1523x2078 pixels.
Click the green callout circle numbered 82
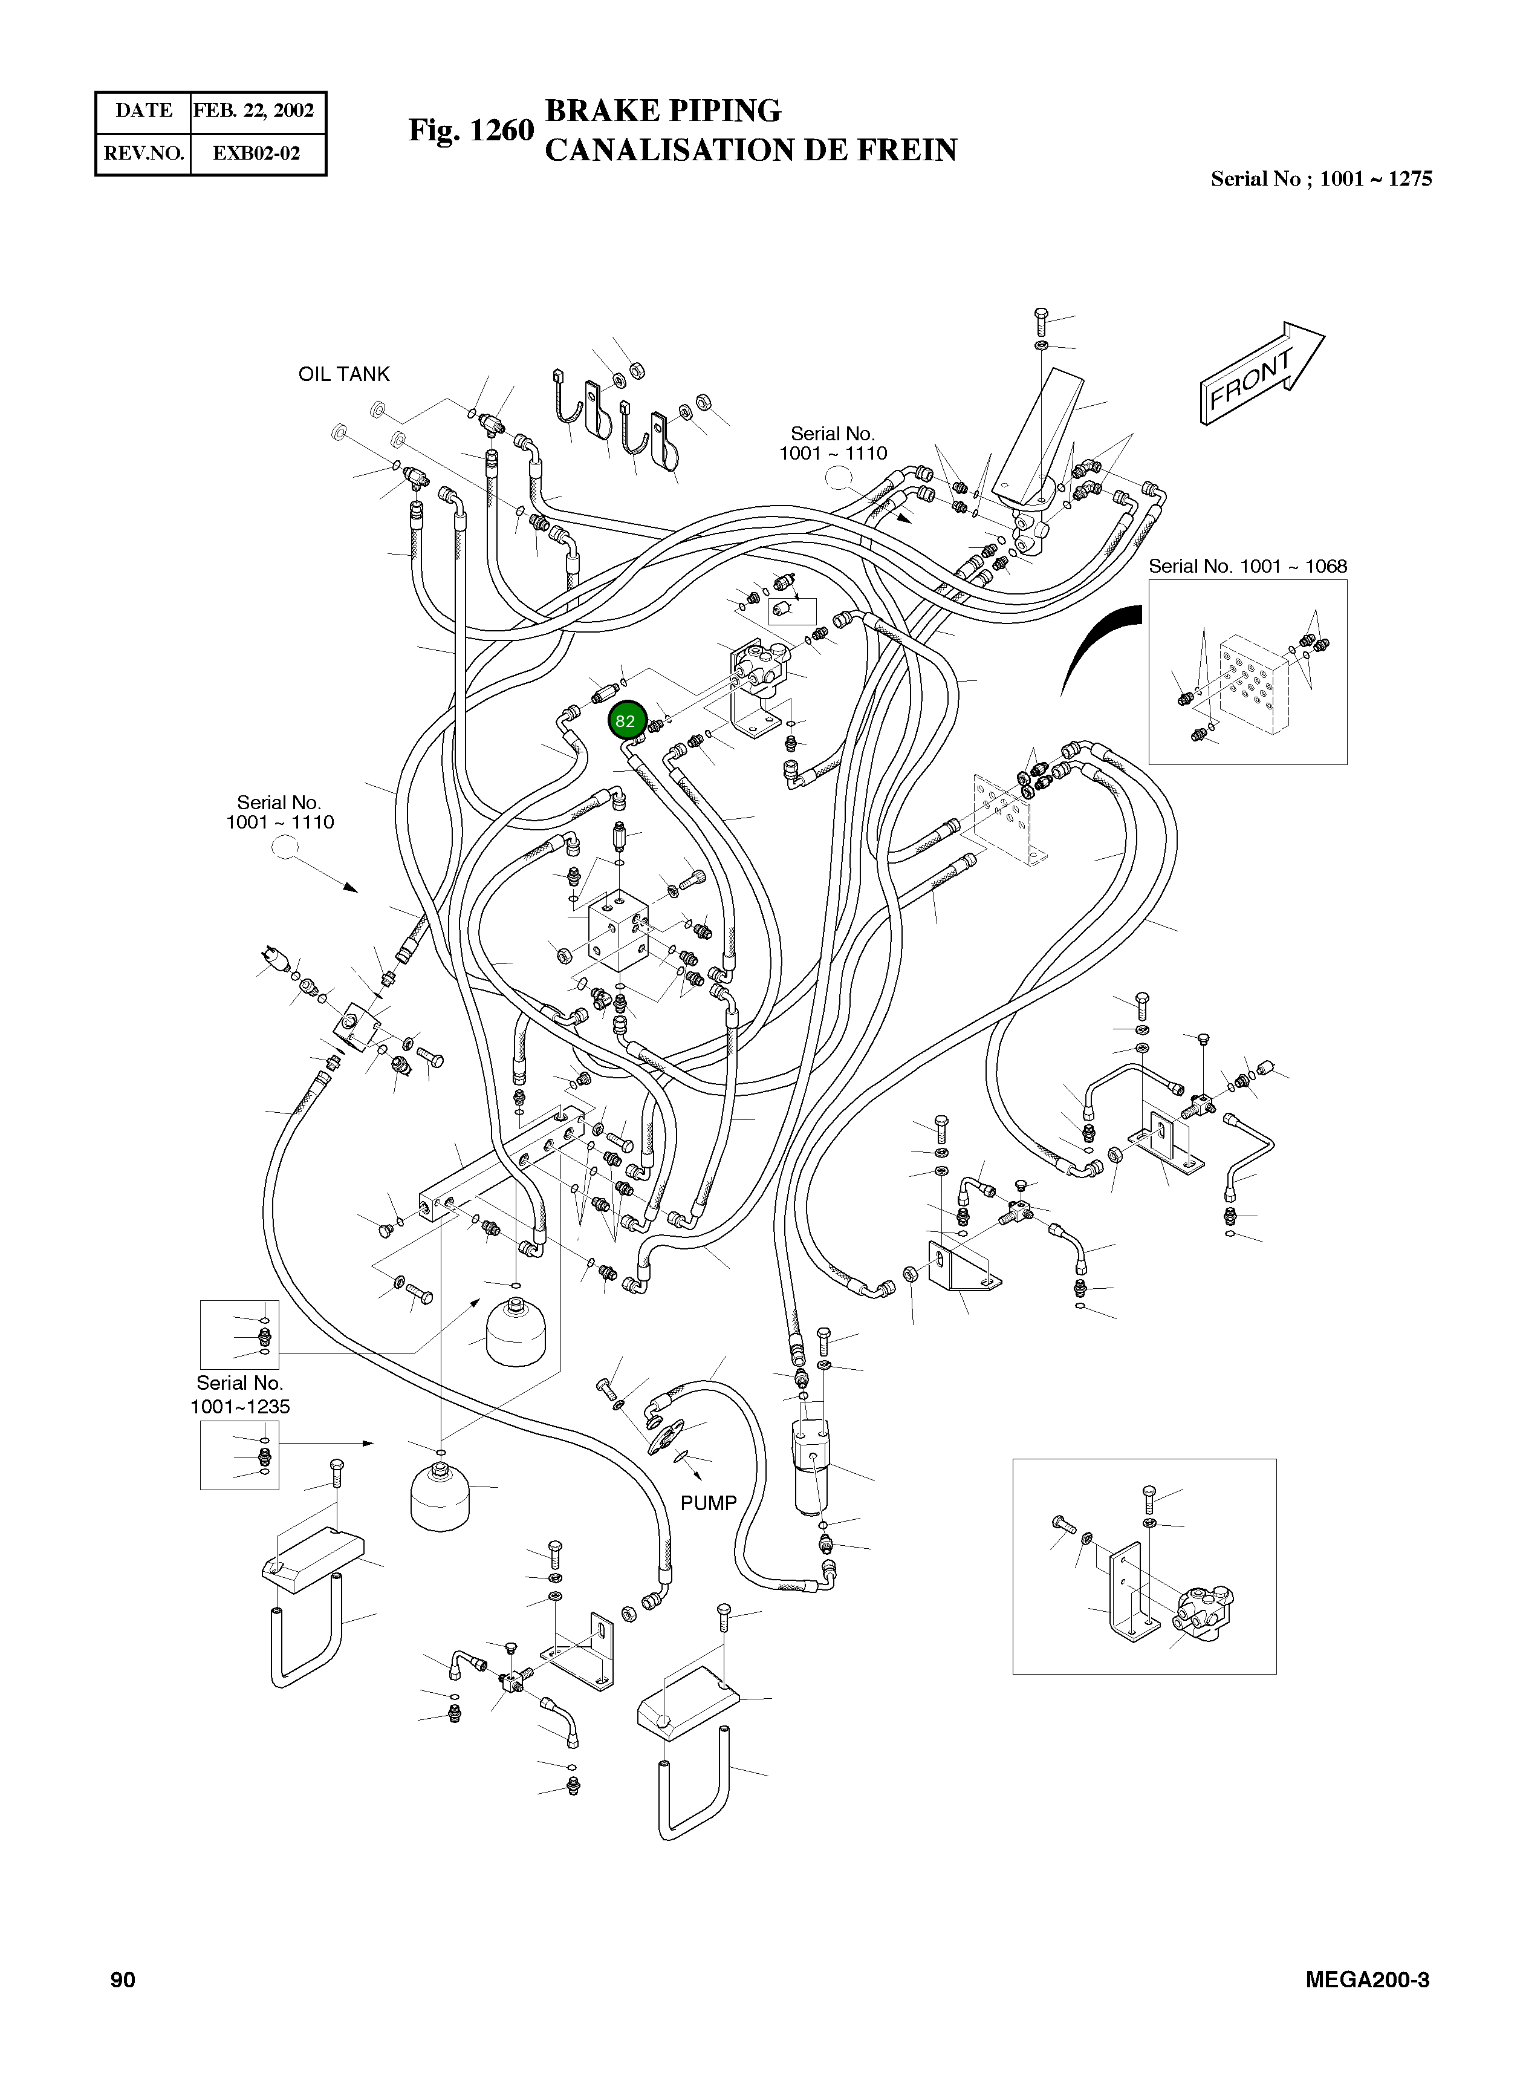click(626, 721)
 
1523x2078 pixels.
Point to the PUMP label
click(708, 1503)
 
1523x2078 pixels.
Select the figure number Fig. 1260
click(471, 130)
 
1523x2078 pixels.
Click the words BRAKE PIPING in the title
click(663, 111)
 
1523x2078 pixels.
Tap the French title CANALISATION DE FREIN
click(750, 150)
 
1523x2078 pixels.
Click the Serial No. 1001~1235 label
click(239, 1395)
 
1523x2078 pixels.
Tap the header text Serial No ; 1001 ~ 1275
click(1321, 179)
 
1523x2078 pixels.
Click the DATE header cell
click(144, 111)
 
